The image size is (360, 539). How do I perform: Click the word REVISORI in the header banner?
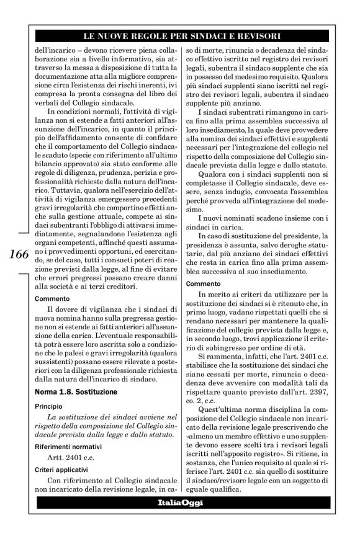coord(256,37)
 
